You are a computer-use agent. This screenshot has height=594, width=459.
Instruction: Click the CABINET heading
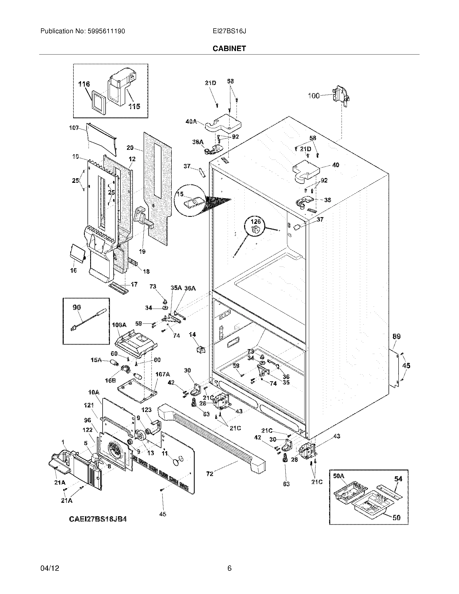[x=229, y=48]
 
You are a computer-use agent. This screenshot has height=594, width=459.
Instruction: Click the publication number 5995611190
[x=107, y=31]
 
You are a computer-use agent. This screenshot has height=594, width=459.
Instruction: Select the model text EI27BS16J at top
[x=229, y=31]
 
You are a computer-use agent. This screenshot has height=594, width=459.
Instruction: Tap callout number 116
[x=84, y=84]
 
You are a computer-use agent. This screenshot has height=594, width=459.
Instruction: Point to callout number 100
[x=314, y=96]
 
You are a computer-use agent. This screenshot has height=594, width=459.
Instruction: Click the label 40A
[x=191, y=122]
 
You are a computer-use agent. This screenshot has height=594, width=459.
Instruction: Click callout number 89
[x=396, y=336]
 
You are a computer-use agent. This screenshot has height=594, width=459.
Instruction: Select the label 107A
[x=163, y=374]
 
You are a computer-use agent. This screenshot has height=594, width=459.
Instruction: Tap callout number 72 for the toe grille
[x=210, y=474]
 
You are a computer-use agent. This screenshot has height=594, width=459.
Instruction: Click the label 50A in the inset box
[x=339, y=476]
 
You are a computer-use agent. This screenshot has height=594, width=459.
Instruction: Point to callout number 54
[x=398, y=478]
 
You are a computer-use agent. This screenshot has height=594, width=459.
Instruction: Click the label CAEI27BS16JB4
[x=98, y=519]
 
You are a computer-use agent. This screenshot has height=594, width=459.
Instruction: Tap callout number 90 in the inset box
[x=77, y=308]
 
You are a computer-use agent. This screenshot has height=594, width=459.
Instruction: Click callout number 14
[x=192, y=335]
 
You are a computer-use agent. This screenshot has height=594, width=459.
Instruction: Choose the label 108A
[x=119, y=325]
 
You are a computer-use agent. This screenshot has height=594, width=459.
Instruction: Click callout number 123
[x=147, y=410]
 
